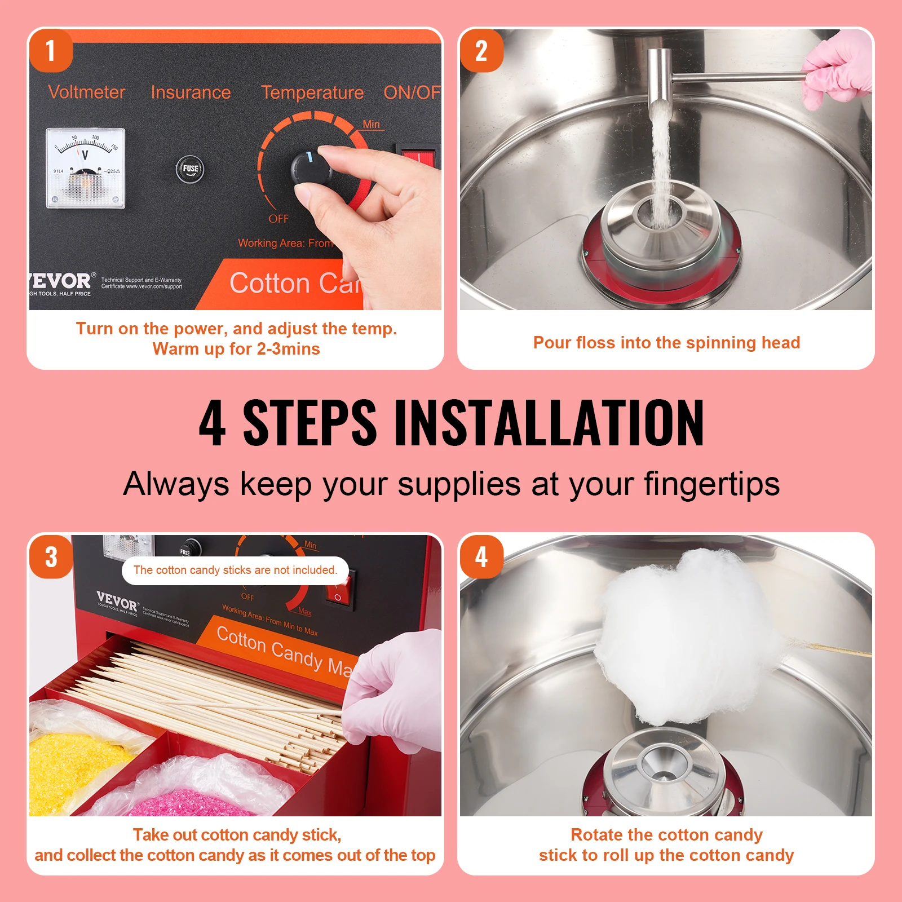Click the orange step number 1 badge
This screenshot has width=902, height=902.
51,51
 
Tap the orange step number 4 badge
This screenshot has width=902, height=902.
481,557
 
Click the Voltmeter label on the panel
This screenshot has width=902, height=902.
87,92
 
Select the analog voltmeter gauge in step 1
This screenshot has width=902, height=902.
85,168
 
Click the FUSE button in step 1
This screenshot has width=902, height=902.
190,168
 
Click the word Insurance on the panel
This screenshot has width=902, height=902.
191,92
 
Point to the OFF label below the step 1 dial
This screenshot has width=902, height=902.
278,219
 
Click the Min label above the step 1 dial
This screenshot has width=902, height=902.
371,124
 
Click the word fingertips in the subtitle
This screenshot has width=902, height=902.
711,484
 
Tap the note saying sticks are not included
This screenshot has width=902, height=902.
235,570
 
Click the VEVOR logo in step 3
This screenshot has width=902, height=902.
117,601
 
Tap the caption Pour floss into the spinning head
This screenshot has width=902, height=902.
666,343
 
